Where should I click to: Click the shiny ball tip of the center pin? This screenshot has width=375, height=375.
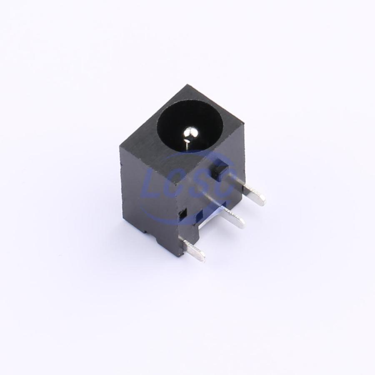pyautogui.click(x=190, y=133)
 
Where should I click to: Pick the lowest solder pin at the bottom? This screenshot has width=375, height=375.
pyautogui.click(x=194, y=252)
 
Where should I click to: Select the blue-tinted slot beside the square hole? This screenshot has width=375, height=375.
pyautogui.click(x=199, y=216)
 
